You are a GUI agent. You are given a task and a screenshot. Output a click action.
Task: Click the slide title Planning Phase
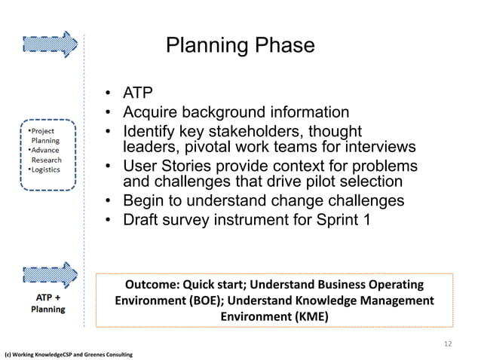tap(240, 46)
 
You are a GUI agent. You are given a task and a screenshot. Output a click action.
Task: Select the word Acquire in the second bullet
tap(151, 113)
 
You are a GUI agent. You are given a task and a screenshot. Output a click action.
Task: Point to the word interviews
tap(378, 146)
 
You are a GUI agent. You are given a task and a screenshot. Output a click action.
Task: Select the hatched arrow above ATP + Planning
tap(51, 276)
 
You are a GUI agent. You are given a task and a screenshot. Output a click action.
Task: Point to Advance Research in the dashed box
tap(47, 154)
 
